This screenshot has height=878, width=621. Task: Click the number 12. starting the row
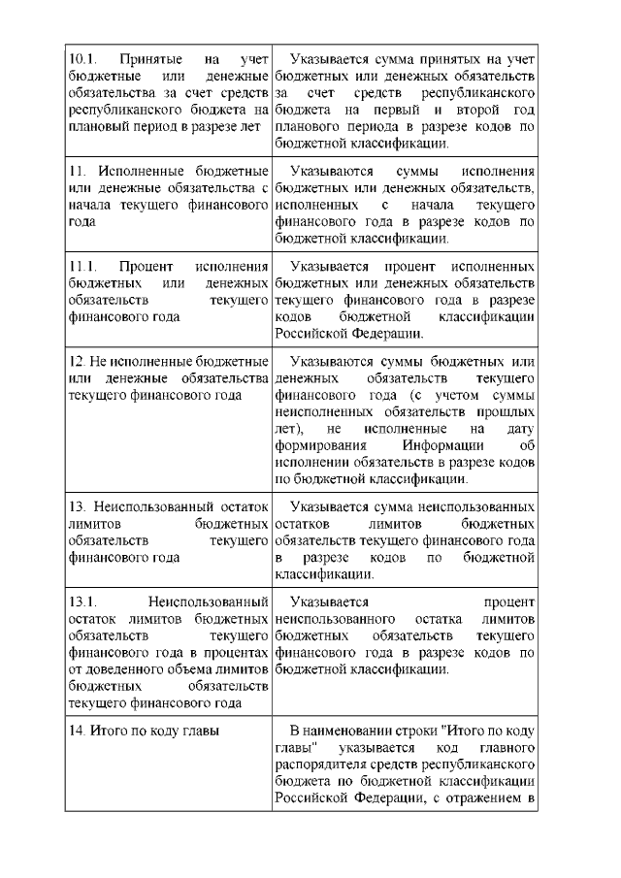78,362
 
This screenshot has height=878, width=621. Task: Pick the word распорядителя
325,765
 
